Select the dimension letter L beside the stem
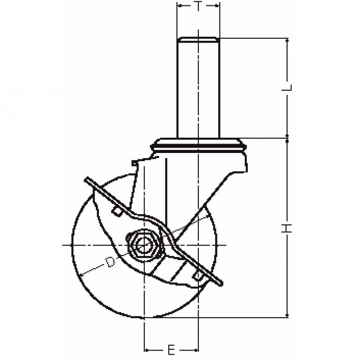287,88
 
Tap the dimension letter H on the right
287,228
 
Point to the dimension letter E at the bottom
171,351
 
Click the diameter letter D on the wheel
110,262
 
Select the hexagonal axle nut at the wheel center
144,245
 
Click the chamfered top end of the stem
198,40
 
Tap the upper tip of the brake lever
87,179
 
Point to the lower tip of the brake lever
220,284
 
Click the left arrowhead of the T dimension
180,5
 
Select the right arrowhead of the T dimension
217,5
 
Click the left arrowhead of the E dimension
147,351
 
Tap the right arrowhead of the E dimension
196,351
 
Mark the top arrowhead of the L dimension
287,41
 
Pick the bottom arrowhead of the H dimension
287,315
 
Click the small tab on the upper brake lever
117,211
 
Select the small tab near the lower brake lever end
198,276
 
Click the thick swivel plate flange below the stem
198,145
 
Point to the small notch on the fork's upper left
135,162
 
